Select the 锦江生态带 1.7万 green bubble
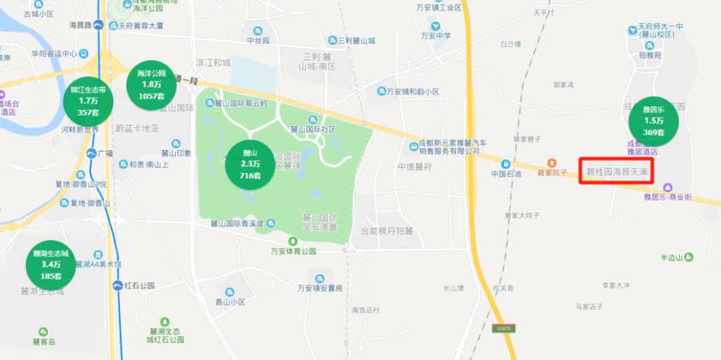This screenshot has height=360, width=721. click(88, 101)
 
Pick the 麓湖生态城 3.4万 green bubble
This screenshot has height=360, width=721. click(51, 264)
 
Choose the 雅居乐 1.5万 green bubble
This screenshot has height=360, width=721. click(654, 121)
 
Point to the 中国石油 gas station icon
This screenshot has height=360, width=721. click(506, 164)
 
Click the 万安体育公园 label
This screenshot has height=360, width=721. click(293, 251)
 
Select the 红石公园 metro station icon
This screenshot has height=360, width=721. click(117, 285)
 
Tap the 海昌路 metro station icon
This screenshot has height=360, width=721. click(98, 25)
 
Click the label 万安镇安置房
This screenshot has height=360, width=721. click(320, 288)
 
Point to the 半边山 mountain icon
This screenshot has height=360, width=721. click(689, 256)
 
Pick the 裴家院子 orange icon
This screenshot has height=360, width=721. click(551, 162)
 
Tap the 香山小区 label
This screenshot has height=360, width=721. click(230, 302)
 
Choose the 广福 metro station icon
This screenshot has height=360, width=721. click(91, 153)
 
